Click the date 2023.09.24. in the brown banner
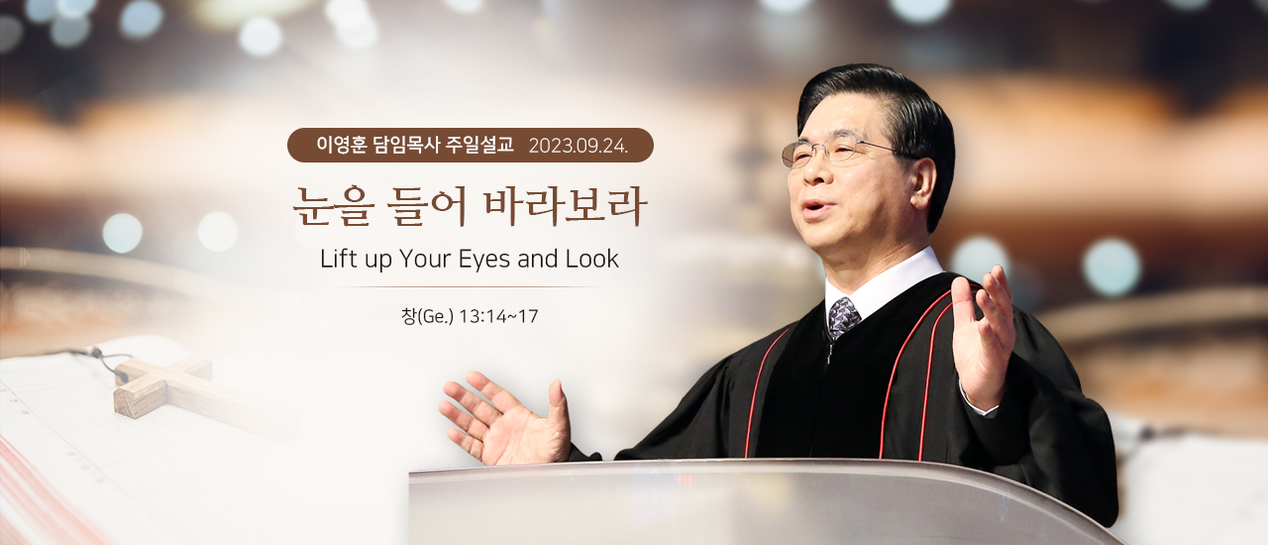tap(579, 147)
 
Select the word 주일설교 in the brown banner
tap(479, 145)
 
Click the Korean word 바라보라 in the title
tap(565, 206)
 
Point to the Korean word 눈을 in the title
tap(332, 206)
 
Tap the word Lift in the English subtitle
tap(338, 259)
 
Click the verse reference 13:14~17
tap(498, 316)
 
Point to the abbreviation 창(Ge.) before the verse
tap(427, 316)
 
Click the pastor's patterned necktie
tap(843, 317)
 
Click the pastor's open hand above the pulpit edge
tap(505, 417)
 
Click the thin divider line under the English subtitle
tap(470, 287)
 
